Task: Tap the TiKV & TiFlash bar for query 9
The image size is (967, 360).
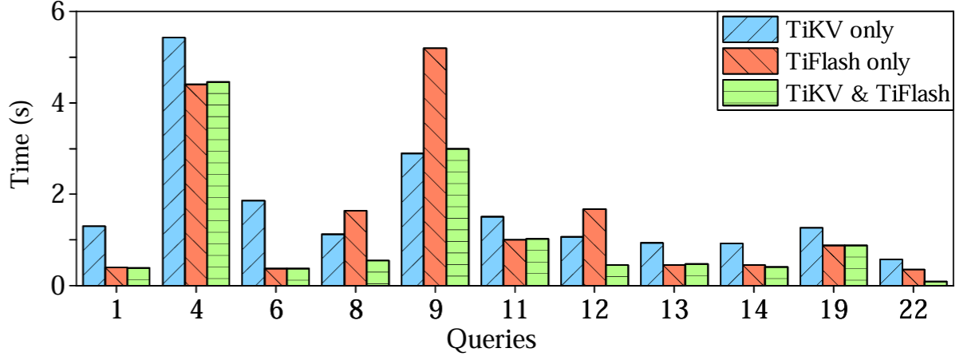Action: [x=458, y=216]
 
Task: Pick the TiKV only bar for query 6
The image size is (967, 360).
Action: [x=254, y=243]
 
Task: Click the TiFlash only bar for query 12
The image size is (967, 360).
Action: [x=595, y=247]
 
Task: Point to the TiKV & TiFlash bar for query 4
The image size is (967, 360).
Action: [x=219, y=183]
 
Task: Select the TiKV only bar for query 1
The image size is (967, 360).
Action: [x=94, y=255]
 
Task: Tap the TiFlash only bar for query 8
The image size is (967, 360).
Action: [x=356, y=247]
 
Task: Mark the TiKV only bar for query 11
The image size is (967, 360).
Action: [x=492, y=251]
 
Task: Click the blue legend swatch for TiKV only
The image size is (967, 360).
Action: [x=749, y=31]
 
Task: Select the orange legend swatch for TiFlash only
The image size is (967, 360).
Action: [x=749, y=62]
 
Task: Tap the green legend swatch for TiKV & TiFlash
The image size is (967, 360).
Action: [x=749, y=93]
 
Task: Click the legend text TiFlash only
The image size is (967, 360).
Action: [x=847, y=62]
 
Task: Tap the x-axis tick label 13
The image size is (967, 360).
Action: [x=675, y=307]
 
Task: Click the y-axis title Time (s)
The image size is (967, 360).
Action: [x=22, y=149]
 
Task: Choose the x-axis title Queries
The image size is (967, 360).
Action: [x=491, y=340]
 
